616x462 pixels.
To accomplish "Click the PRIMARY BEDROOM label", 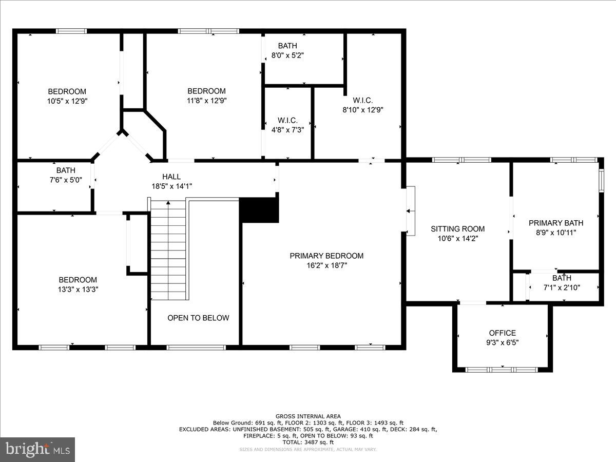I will point(326,256).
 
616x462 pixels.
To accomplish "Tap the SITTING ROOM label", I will point(457,229).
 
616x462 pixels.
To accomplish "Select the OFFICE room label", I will point(502,333).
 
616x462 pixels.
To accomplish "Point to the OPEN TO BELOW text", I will point(198,318).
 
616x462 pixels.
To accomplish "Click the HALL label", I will point(171,177).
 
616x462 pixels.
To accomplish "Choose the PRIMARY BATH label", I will point(556,223).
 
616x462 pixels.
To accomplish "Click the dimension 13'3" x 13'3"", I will point(78,289).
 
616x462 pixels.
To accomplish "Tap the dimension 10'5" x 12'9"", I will point(67,101).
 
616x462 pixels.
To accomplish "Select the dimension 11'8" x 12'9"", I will point(206,101).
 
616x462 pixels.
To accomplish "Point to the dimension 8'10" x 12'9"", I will point(363,109).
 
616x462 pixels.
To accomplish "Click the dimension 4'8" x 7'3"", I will point(287,130).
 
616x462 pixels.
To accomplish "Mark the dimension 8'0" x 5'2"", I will point(287,55).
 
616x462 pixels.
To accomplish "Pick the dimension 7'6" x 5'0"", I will point(66,180).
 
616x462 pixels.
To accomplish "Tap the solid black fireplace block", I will point(260,210).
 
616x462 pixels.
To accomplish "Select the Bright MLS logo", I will point(37,449).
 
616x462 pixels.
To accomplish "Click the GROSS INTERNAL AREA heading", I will point(308,416).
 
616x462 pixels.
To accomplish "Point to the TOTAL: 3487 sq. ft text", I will point(308,442).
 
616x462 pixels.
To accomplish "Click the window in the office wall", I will point(502,369).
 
